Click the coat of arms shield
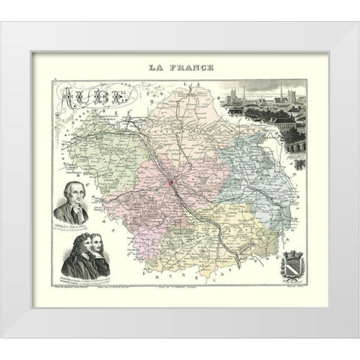[290, 266]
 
